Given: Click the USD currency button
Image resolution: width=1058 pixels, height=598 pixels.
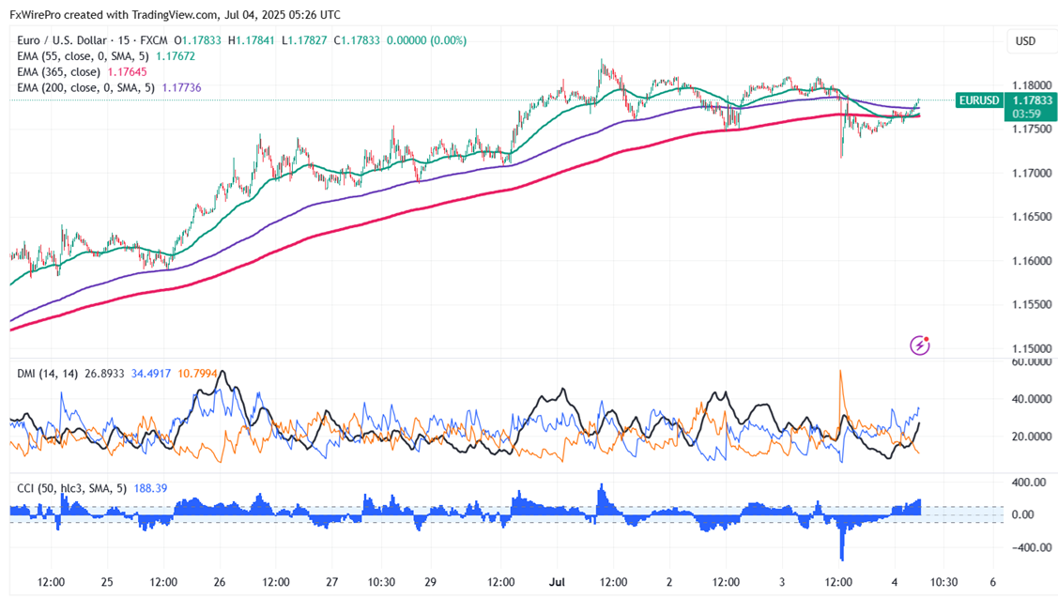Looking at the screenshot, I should click(x=1025, y=41).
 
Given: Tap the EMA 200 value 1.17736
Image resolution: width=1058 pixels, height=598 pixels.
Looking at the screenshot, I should click(x=181, y=87).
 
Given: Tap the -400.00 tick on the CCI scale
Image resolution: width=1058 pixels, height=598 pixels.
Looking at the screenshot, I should click(x=1025, y=547).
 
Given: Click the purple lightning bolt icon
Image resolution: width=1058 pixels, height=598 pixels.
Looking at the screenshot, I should click(x=920, y=345).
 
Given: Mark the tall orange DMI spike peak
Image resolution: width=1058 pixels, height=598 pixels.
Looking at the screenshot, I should click(x=839, y=371).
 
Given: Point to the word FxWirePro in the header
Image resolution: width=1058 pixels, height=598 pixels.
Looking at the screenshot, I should click(x=38, y=15).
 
